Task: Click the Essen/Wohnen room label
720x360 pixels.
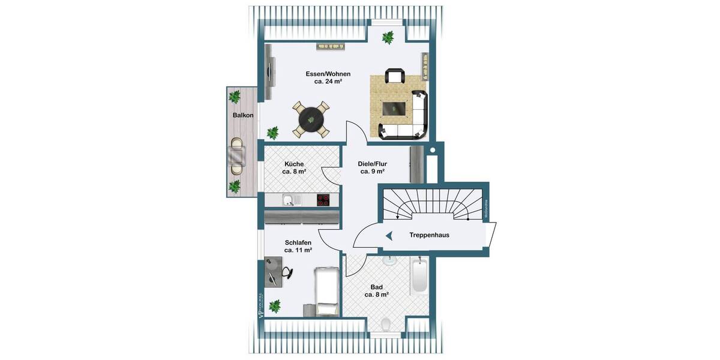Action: pyautogui.click(x=328, y=78)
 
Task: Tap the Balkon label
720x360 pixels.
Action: pyautogui.click(x=243, y=115)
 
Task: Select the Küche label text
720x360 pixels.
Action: pyautogui.click(x=294, y=167)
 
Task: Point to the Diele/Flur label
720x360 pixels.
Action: pyautogui.click(x=372, y=167)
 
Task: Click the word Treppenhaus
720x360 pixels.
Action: pyautogui.click(x=429, y=235)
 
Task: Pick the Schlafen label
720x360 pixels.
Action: pyautogui.click(x=298, y=246)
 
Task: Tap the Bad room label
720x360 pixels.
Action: pyautogui.click(x=377, y=291)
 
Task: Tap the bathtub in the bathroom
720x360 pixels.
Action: pyautogui.click(x=419, y=277)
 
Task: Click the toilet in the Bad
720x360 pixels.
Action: pyautogui.click(x=386, y=325)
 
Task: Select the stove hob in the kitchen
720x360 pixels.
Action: pyautogui.click(x=324, y=200)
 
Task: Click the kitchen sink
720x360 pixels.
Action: pyautogui.click(x=289, y=200)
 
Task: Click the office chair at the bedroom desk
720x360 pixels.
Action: pyautogui.click(x=287, y=272)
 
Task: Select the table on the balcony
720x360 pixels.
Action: pyautogui.click(x=237, y=157)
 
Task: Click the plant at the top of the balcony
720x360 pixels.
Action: pyautogui.click(x=235, y=96)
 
